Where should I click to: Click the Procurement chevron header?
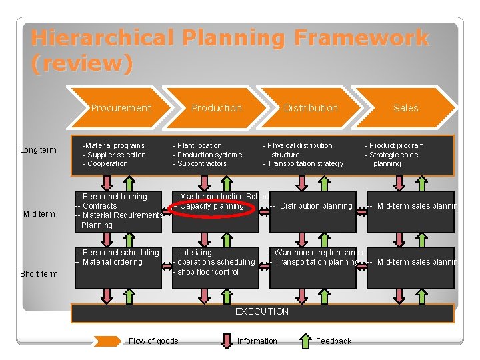click(121, 108)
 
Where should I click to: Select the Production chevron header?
click(217, 108)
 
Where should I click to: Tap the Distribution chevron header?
click(311, 108)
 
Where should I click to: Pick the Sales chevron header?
click(405, 108)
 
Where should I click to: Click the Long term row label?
click(38, 150)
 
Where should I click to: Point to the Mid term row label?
click(39, 214)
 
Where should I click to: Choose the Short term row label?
click(39, 274)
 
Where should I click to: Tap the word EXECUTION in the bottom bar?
click(262, 312)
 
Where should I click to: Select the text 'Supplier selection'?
click(114, 155)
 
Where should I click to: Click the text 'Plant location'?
click(198, 145)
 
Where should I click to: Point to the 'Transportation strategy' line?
click(303, 163)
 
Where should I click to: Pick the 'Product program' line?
click(394, 145)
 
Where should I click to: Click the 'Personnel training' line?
click(111, 197)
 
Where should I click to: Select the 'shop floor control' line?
click(206, 272)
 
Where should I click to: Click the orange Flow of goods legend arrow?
click(107, 341)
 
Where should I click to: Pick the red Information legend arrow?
click(227, 341)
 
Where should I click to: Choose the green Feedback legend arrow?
click(305, 341)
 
